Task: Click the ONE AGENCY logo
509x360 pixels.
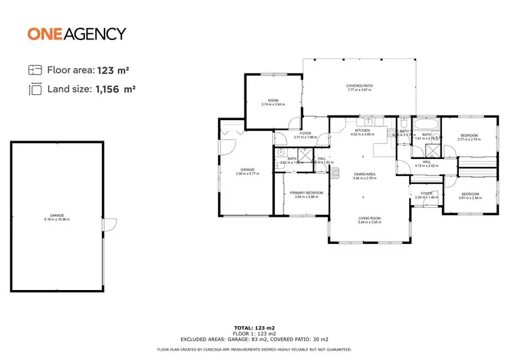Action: click(x=77, y=33)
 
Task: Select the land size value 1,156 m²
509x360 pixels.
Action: click(x=115, y=89)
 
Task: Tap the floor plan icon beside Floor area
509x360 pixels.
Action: click(x=35, y=70)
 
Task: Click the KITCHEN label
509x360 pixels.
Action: click(x=362, y=132)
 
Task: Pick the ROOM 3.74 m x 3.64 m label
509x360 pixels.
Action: click(x=273, y=103)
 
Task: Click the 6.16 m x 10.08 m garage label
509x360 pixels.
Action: click(x=57, y=217)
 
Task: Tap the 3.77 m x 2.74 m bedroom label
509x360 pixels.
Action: click(x=469, y=138)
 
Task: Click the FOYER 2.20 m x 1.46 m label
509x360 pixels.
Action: click(x=426, y=195)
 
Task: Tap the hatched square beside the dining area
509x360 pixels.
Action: click(x=334, y=174)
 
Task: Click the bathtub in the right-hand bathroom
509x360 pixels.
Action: click(x=426, y=125)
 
